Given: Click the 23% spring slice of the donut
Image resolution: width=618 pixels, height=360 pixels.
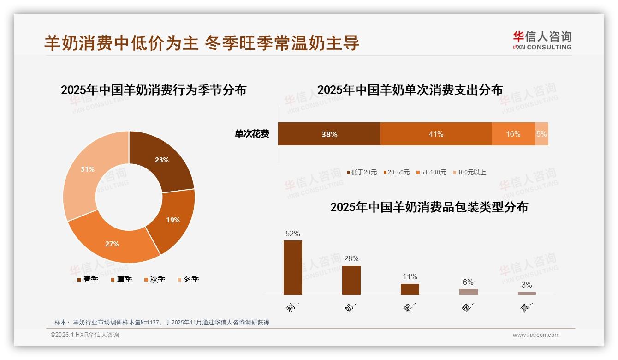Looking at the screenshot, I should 161,159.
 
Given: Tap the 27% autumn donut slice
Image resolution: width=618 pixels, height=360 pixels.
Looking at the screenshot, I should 113,244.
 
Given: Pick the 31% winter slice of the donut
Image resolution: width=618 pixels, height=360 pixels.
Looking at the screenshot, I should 88,170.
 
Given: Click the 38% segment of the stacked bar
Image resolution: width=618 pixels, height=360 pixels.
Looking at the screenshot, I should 329,134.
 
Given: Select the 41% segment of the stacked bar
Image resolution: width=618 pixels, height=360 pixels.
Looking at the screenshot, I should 436,134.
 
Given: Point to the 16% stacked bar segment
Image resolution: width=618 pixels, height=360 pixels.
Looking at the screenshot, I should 513,134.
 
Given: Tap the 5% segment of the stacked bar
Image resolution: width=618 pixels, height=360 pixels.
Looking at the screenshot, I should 541,134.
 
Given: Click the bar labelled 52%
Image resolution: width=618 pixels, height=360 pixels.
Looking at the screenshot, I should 292,268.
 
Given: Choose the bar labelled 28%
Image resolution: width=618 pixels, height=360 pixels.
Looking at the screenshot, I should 351,280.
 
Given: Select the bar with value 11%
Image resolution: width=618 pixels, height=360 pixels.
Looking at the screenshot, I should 410,289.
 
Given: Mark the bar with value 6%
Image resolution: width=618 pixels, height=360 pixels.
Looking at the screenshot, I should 468,292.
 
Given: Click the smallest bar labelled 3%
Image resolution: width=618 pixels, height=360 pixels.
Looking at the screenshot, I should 527,294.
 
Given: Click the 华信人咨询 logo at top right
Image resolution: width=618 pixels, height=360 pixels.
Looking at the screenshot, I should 542,40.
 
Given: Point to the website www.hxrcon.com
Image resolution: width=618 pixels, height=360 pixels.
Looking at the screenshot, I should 536,335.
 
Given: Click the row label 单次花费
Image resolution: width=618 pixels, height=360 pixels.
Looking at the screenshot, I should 252,134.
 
